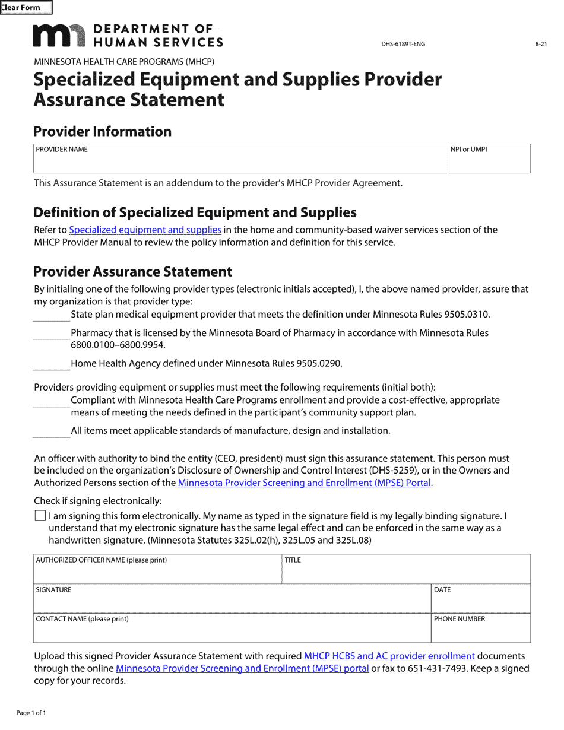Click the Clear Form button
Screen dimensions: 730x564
(x=26, y=8)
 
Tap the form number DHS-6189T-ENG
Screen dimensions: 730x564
(x=403, y=44)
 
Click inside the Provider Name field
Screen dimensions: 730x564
(x=240, y=163)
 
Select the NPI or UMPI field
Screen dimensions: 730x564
(x=489, y=163)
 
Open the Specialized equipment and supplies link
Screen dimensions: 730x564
(x=145, y=230)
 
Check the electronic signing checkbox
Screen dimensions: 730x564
(x=40, y=516)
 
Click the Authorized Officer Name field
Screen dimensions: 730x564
(x=157, y=573)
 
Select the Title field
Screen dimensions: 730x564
(x=405, y=573)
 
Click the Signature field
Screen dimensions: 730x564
(x=232, y=602)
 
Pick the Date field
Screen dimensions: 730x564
(x=480, y=602)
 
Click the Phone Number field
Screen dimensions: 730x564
(x=480, y=631)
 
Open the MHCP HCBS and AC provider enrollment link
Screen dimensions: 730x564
(x=389, y=656)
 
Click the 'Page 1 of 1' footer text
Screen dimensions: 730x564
(x=31, y=713)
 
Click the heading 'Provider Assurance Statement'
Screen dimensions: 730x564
(x=132, y=272)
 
